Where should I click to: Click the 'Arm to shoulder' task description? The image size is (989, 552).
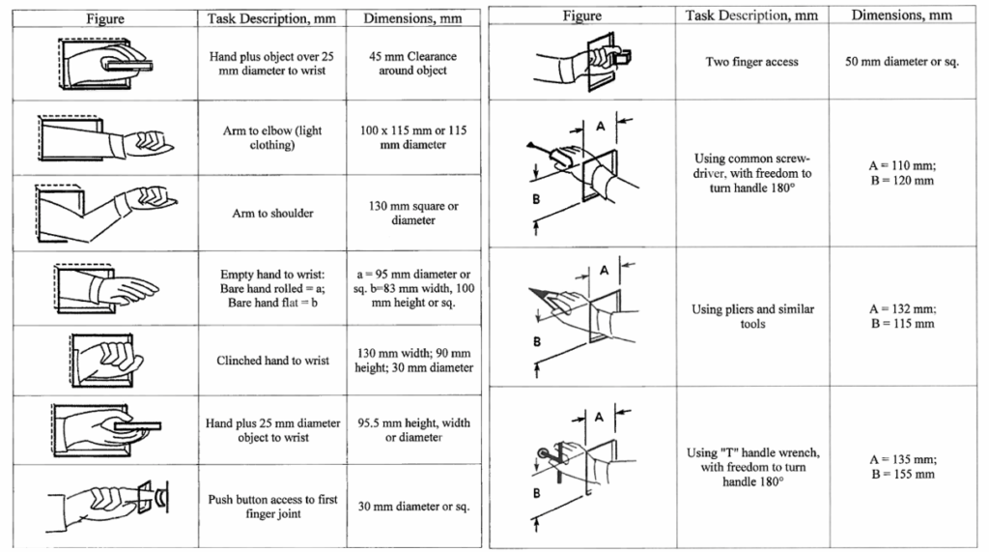[x=272, y=213]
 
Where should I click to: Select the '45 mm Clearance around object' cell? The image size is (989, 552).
[x=413, y=63]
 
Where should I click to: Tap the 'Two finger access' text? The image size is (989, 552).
[x=751, y=61]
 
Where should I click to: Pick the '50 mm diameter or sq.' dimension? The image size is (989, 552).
[x=902, y=61]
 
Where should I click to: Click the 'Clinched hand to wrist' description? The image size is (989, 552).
[x=272, y=360]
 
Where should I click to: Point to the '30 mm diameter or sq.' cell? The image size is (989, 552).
[x=413, y=506]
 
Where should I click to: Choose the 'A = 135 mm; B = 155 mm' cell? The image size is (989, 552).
[x=903, y=466]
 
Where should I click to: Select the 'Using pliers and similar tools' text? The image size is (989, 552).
[x=752, y=316]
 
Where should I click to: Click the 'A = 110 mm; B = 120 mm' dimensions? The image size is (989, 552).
[x=902, y=172]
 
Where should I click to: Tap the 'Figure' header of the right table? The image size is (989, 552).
[x=581, y=15]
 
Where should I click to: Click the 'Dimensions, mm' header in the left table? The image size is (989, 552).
[x=412, y=18]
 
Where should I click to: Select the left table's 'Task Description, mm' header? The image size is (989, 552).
[x=271, y=18]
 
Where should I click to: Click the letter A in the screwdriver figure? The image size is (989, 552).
[x=600, y=127]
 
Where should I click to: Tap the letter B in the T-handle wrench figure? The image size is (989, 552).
[x=536, y=493]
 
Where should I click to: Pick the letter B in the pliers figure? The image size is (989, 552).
[x=537, y=341]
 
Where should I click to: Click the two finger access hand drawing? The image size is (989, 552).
[x=582, y=60]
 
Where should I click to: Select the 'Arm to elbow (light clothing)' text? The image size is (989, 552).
[x=271, y=137]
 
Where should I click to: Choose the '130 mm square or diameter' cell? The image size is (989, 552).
[x=413, y=213]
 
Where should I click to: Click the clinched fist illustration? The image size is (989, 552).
[x=104, y=360]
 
